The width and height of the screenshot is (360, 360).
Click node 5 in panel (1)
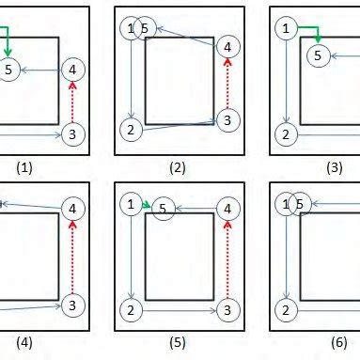(8, 70)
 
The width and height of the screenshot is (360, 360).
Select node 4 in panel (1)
(74, 70)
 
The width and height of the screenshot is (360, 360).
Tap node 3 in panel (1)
(73, 135)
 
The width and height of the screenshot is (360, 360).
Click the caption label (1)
(24, 168)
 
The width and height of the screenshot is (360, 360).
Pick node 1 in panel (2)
(131, 29)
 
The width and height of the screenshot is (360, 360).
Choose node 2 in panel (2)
(131, 128)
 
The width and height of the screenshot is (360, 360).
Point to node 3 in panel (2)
(226, 120)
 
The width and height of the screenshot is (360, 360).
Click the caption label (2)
(176, 168)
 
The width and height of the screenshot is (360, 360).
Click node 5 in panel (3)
(320, 55)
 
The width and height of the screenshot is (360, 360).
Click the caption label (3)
(334, 168)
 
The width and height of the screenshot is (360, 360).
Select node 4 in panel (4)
(73, 207)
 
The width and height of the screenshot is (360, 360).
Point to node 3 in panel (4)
(73, 305)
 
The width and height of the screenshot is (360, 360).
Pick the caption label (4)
(24, 342)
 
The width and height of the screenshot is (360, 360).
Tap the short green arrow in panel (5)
(146, 204)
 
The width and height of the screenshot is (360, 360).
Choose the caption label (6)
(334, 342)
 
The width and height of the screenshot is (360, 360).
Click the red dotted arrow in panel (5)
(226, 256)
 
